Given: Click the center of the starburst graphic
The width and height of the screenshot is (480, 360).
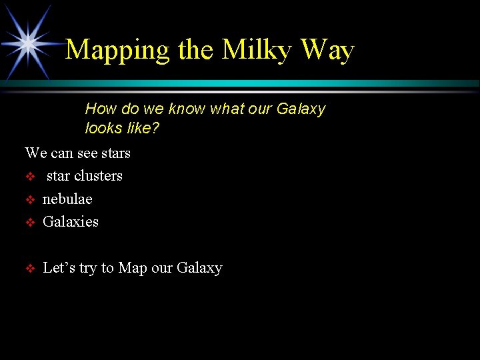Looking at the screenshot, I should tap(28, 43).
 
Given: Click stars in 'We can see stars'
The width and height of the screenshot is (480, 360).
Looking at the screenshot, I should tap(116, 153).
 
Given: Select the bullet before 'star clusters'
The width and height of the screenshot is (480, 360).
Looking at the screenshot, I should tap(29, 177).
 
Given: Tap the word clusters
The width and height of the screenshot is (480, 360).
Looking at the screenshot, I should tap(98, 176).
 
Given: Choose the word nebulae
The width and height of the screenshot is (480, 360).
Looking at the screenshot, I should tap(67, 199).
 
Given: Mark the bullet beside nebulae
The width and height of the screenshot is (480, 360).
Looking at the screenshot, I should tap(29, 199).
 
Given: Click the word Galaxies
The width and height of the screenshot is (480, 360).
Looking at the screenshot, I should tap(70, 221).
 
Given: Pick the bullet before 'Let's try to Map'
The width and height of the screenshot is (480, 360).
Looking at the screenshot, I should tap(29, 269).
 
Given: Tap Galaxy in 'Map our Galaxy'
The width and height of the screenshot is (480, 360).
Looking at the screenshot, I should tap(199, 268).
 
